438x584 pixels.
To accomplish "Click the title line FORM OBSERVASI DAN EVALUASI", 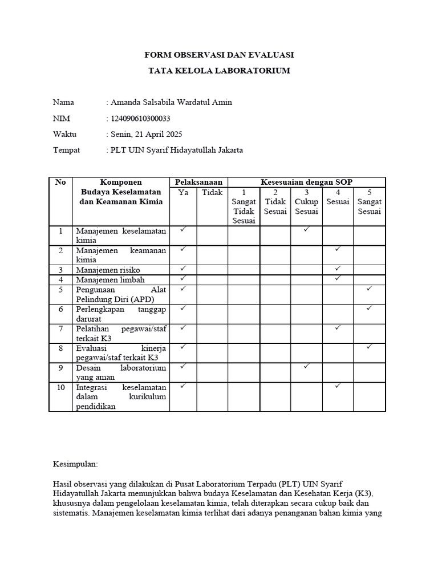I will (219, 55).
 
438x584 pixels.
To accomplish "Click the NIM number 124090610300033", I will (139, 119).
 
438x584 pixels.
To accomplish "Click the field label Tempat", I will (66, 151).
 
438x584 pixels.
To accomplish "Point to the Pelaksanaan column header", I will (198, 182).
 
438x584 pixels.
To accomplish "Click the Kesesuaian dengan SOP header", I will (306, 182).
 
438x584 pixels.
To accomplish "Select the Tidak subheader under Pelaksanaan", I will (212, 193).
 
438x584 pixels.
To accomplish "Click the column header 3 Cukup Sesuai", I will (306, 202).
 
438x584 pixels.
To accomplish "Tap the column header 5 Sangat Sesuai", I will (369, 202).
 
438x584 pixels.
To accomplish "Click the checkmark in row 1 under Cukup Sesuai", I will (306, 229).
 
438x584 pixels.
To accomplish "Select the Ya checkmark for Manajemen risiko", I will (183, 268).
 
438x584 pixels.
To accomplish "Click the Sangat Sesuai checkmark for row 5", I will (369, 289).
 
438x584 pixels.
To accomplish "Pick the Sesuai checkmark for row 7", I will (338, 328).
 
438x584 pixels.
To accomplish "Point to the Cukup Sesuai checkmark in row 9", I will (306, 366).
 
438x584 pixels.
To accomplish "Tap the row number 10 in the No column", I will (60, 387).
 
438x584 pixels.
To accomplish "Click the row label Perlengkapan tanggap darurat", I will (120, 314).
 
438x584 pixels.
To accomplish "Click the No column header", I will (60, 182).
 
